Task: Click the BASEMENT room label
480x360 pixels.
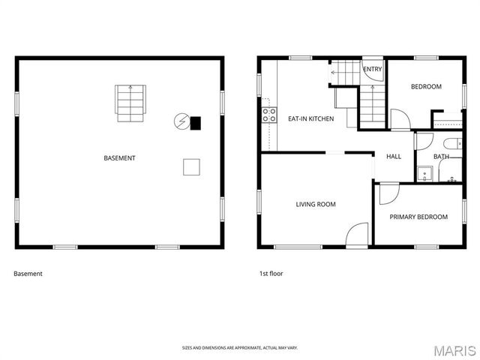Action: pos(119,158)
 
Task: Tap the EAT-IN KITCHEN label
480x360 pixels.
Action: pos(311,118)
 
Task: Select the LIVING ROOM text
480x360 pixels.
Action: pos(315,204)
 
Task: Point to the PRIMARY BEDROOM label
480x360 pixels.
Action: pos(418,217)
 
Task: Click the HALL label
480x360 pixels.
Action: pos(394,157)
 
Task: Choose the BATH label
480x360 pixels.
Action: pos(441,157)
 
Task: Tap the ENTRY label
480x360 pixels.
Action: pos(372,70)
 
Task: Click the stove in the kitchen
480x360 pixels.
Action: pos(268,115)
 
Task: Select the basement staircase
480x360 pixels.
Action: pos(129,103)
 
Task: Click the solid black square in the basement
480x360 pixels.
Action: pos(196,122)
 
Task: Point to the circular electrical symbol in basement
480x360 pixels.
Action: pos(181,121)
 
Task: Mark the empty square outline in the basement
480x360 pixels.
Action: pos(192,167)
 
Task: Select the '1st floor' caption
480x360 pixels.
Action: pos(271,274)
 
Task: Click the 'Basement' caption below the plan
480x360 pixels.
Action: pos(28,274)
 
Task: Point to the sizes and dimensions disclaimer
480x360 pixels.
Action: pos(240,348)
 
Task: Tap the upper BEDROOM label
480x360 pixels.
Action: pos(426,86)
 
